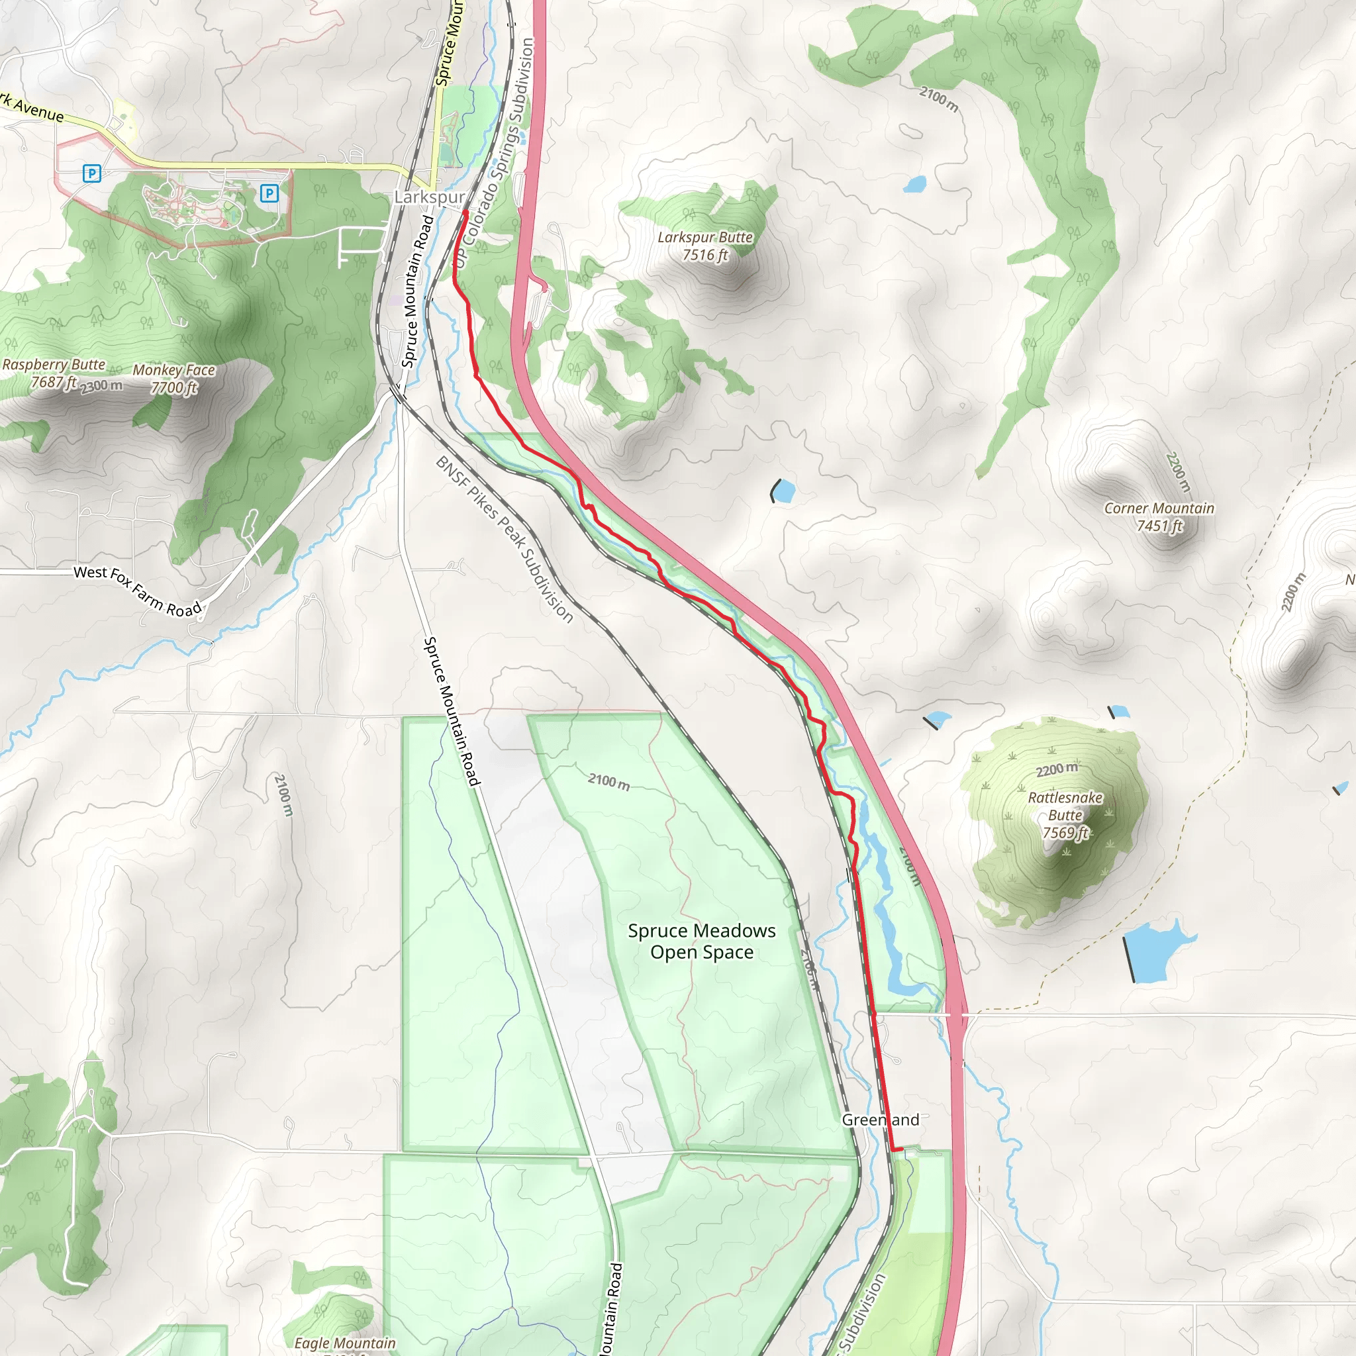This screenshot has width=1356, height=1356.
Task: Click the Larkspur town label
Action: [x=429, y=197]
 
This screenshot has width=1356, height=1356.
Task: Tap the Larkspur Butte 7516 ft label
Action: [x=704, y=246]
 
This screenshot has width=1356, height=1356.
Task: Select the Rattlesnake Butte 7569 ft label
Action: [x=1065, y=815]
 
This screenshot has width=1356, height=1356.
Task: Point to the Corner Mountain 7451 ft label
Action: [x=1159, y=516]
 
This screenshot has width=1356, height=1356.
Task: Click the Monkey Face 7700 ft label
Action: [x=174, y=378]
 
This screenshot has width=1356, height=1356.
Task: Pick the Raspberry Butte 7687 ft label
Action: [x=54, y=373]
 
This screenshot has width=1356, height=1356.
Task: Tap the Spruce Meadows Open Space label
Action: [x=702, y=942]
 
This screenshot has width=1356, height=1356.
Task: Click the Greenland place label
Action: [x=880, y=1120]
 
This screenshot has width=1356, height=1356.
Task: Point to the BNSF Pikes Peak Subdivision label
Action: [x=505, y=539]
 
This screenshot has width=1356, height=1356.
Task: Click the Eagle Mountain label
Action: [x=344, y=1343]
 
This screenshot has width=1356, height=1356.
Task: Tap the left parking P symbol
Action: [x=92, y=173]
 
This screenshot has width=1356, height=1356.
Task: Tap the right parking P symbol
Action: [x=269, y=193]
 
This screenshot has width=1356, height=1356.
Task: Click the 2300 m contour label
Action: [x=102, y=385]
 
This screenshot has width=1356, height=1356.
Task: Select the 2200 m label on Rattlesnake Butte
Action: [x=1056, y=769]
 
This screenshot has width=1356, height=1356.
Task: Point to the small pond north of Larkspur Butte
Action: [x=914, y=185]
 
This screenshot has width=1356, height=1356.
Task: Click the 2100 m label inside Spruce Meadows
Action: [x=608, y=781]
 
